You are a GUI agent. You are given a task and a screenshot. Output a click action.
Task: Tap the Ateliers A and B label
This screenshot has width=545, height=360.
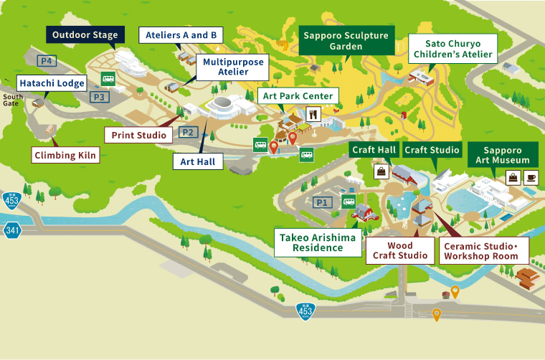[181, 34]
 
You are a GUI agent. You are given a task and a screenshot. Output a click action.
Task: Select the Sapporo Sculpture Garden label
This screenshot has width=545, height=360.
[346, 41]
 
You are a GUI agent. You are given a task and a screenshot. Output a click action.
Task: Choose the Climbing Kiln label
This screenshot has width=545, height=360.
[65, 153]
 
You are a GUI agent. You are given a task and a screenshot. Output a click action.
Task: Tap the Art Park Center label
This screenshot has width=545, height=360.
[298, 96]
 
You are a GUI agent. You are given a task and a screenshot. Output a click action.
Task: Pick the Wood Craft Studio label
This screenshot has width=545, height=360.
[399, 250]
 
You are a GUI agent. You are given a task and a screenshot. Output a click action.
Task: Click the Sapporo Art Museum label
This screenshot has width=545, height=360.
[506, 154]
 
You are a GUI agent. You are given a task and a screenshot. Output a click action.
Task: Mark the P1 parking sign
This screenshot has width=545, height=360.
[322, 202]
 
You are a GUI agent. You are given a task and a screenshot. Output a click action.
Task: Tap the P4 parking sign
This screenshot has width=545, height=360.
[47, 61]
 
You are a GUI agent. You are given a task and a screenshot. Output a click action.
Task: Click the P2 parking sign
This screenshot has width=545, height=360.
[187, 132]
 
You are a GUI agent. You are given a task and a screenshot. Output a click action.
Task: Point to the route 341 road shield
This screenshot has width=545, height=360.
[11, 230]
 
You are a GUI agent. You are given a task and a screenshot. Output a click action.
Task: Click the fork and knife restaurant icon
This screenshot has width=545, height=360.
[313, 113]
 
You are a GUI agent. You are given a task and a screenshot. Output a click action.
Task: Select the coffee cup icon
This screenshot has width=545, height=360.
[530, 177]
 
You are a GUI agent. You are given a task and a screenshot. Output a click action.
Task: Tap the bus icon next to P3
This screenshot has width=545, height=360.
[108, 80]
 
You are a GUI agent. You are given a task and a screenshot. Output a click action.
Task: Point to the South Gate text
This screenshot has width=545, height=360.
[11, 100]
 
